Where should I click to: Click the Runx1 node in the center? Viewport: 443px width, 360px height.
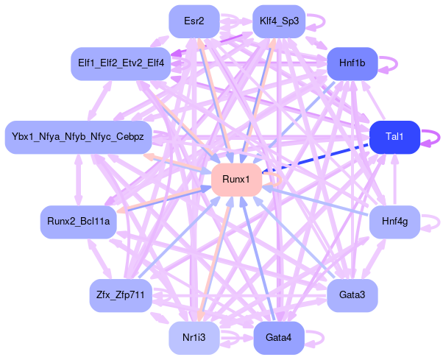tap(236, 180)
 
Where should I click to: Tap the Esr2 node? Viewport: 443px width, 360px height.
tap(195, 21)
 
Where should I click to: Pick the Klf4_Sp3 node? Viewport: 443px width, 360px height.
tap(279, 21)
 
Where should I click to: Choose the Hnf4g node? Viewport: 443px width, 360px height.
tap(394, 221)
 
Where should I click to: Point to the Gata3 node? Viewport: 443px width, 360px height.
tap(352, 295)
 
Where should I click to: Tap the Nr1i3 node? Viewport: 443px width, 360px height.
tap(195, 338)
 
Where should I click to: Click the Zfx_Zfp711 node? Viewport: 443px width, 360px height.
tap(119, 295)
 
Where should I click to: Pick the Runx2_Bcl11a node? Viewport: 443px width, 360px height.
tap(78, 221)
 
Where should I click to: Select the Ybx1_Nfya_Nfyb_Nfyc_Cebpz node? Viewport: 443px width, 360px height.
tap(78, 137)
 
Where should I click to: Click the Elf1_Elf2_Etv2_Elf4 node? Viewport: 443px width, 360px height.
tap(121, 64)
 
